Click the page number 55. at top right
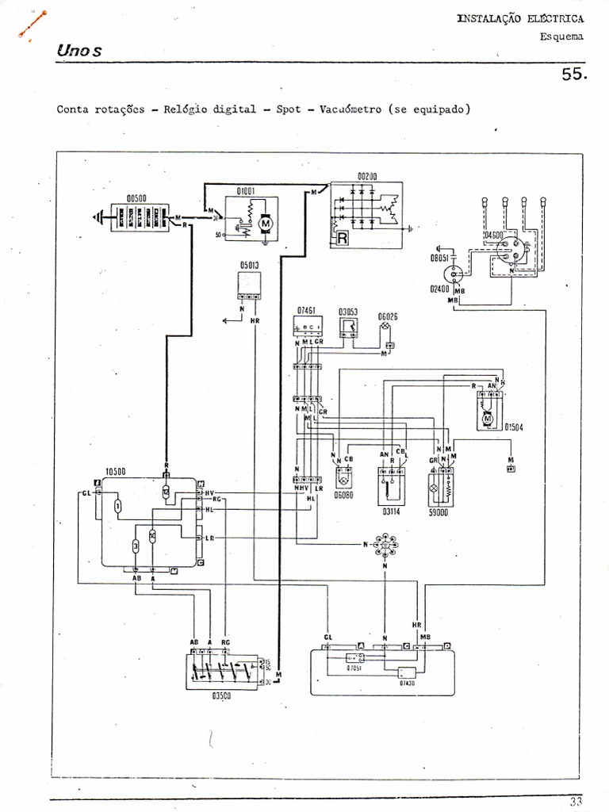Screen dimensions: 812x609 point(573,75)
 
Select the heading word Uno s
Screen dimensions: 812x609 point(79,51)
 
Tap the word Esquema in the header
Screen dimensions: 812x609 point(561,36)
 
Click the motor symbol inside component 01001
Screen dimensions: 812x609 point(266,225)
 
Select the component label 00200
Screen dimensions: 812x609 point(369,176)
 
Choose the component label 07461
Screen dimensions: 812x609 point(307,311)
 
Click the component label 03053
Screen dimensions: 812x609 point(349,311)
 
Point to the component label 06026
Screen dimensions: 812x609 point(388,316)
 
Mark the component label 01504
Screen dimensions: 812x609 point(514,427)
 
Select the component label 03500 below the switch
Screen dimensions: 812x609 point(222,695)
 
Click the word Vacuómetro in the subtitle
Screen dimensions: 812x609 point(351,109)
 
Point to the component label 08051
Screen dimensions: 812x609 point(441,258)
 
